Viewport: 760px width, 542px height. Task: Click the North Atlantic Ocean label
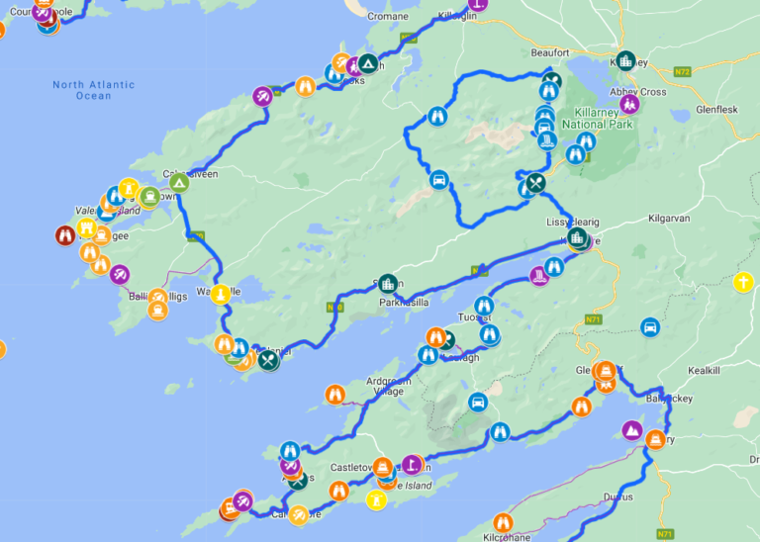tap(94, 90)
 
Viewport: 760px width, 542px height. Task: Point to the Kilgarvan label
tap(674, 218)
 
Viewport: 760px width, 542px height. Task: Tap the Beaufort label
tap(549, 52)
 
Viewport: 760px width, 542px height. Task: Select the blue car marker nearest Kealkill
tap(650, 326)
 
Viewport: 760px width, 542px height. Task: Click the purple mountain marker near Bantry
tap(630, 429)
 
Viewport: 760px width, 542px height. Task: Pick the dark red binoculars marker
tap(64, 235)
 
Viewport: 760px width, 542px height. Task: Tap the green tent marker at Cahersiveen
tap(179, 183)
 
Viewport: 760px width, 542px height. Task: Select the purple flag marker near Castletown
tap(411, 463)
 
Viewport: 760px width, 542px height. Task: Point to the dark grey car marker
tap(478, 402)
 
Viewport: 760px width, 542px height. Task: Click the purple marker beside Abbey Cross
tap(628, 103)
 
